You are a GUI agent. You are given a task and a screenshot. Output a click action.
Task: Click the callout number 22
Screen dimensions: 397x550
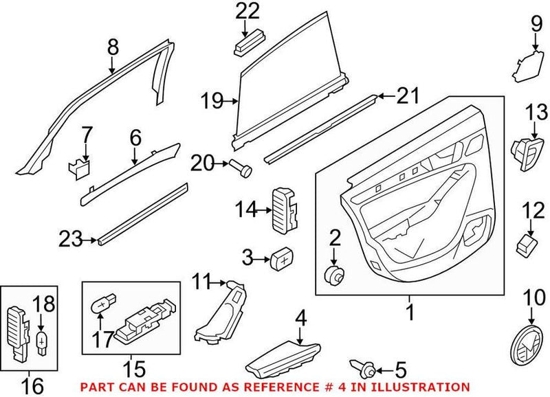pyautogui.click(x=248, y=11)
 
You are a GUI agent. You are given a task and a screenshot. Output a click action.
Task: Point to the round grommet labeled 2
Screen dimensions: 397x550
pyautogui.click(x=335, y=275)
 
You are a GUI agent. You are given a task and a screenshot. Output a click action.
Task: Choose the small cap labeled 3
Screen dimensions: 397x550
pyautogui.click(x=280, y=259)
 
